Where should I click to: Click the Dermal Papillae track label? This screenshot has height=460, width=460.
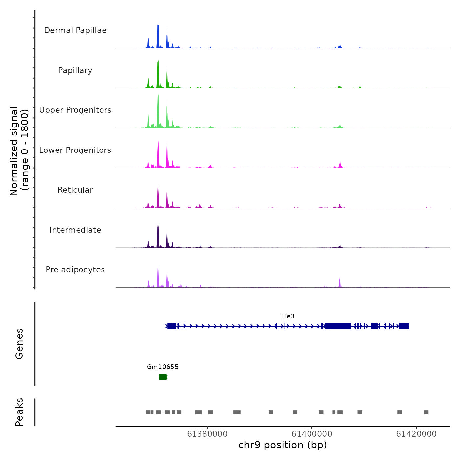click(x=75, y=30)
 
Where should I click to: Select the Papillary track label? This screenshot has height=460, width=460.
click(x=75, y=70)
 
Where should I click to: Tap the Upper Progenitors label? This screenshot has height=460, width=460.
click(x=75, y=110)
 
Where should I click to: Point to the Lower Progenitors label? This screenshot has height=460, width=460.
click(x=75, y=150)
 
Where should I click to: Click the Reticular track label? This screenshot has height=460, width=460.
click(x=75, y=190)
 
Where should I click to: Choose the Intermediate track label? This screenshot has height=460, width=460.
click(x=75, y=230)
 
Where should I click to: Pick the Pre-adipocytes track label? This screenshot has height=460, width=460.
click(x=75, y=270)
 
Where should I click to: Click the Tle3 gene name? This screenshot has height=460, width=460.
click(x=287, y=316)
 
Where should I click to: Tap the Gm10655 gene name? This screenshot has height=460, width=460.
click(x=163, y=367)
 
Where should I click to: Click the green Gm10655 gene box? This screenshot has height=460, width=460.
click(x=163, y=377)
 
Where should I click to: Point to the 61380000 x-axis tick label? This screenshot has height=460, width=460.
click(x=207, y=434)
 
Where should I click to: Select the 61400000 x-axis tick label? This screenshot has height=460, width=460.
click(x=312, y=434)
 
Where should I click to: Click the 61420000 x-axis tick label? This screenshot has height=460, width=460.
click(x=416, y=434)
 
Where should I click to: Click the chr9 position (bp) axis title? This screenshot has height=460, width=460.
click(x=283, y=445)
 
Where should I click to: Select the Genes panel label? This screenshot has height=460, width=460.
click(x=19, y=344)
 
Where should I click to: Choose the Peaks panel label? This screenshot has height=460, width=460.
click(x=19, y=412)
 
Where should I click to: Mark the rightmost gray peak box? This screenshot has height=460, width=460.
click(x=426, y=412)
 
